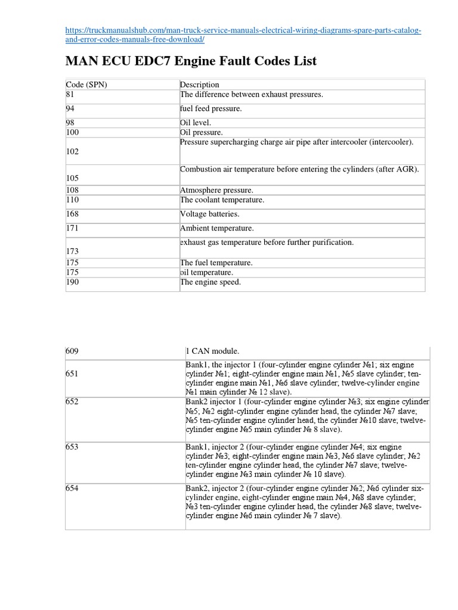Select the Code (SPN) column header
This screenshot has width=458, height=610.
point(86,85)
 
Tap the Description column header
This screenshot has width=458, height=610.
point(200,85)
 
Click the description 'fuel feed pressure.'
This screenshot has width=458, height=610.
point(211,109)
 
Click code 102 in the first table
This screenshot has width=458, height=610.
point(73,152)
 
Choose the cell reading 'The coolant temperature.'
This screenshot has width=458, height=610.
point(222,200)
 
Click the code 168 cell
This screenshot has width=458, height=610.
point(73,214)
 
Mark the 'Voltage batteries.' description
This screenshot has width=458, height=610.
point(209,214)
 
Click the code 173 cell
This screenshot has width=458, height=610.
point(73,252)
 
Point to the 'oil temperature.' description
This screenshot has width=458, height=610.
point(207,272)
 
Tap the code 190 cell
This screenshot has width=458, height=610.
point(73,282)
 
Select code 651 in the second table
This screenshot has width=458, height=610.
point(73,374)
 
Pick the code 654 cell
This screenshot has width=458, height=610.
point(73,488)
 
